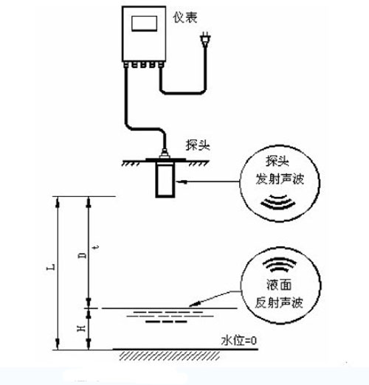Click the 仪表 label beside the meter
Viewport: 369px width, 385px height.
pos(185,18)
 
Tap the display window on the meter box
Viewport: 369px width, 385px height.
pos(145,24)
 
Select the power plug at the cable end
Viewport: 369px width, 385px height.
pos(205,39)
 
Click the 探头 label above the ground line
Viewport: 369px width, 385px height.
pos(198,145)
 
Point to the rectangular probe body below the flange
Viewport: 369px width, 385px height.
pos(165,180)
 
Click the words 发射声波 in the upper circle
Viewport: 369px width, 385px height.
pos(280,178)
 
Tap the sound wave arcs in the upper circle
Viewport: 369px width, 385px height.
pos(278,202)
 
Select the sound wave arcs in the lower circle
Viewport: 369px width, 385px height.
pos(280,265)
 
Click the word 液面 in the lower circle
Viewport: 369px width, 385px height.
pos(279,285)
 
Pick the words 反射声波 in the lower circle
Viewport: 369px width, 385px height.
pos(279,302)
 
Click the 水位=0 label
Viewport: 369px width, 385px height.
pos(239,341)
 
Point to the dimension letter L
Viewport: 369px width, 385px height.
pos(51,267)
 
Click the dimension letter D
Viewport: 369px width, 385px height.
pos(83,255)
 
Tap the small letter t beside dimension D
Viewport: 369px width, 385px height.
pos(97,247)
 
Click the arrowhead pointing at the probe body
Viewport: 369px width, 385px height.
pos(181,182)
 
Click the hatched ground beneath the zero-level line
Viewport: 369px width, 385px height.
pos(170,355)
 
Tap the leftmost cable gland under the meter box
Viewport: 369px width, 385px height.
pos(125,65)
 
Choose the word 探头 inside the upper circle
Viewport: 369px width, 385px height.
pos(277,161)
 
